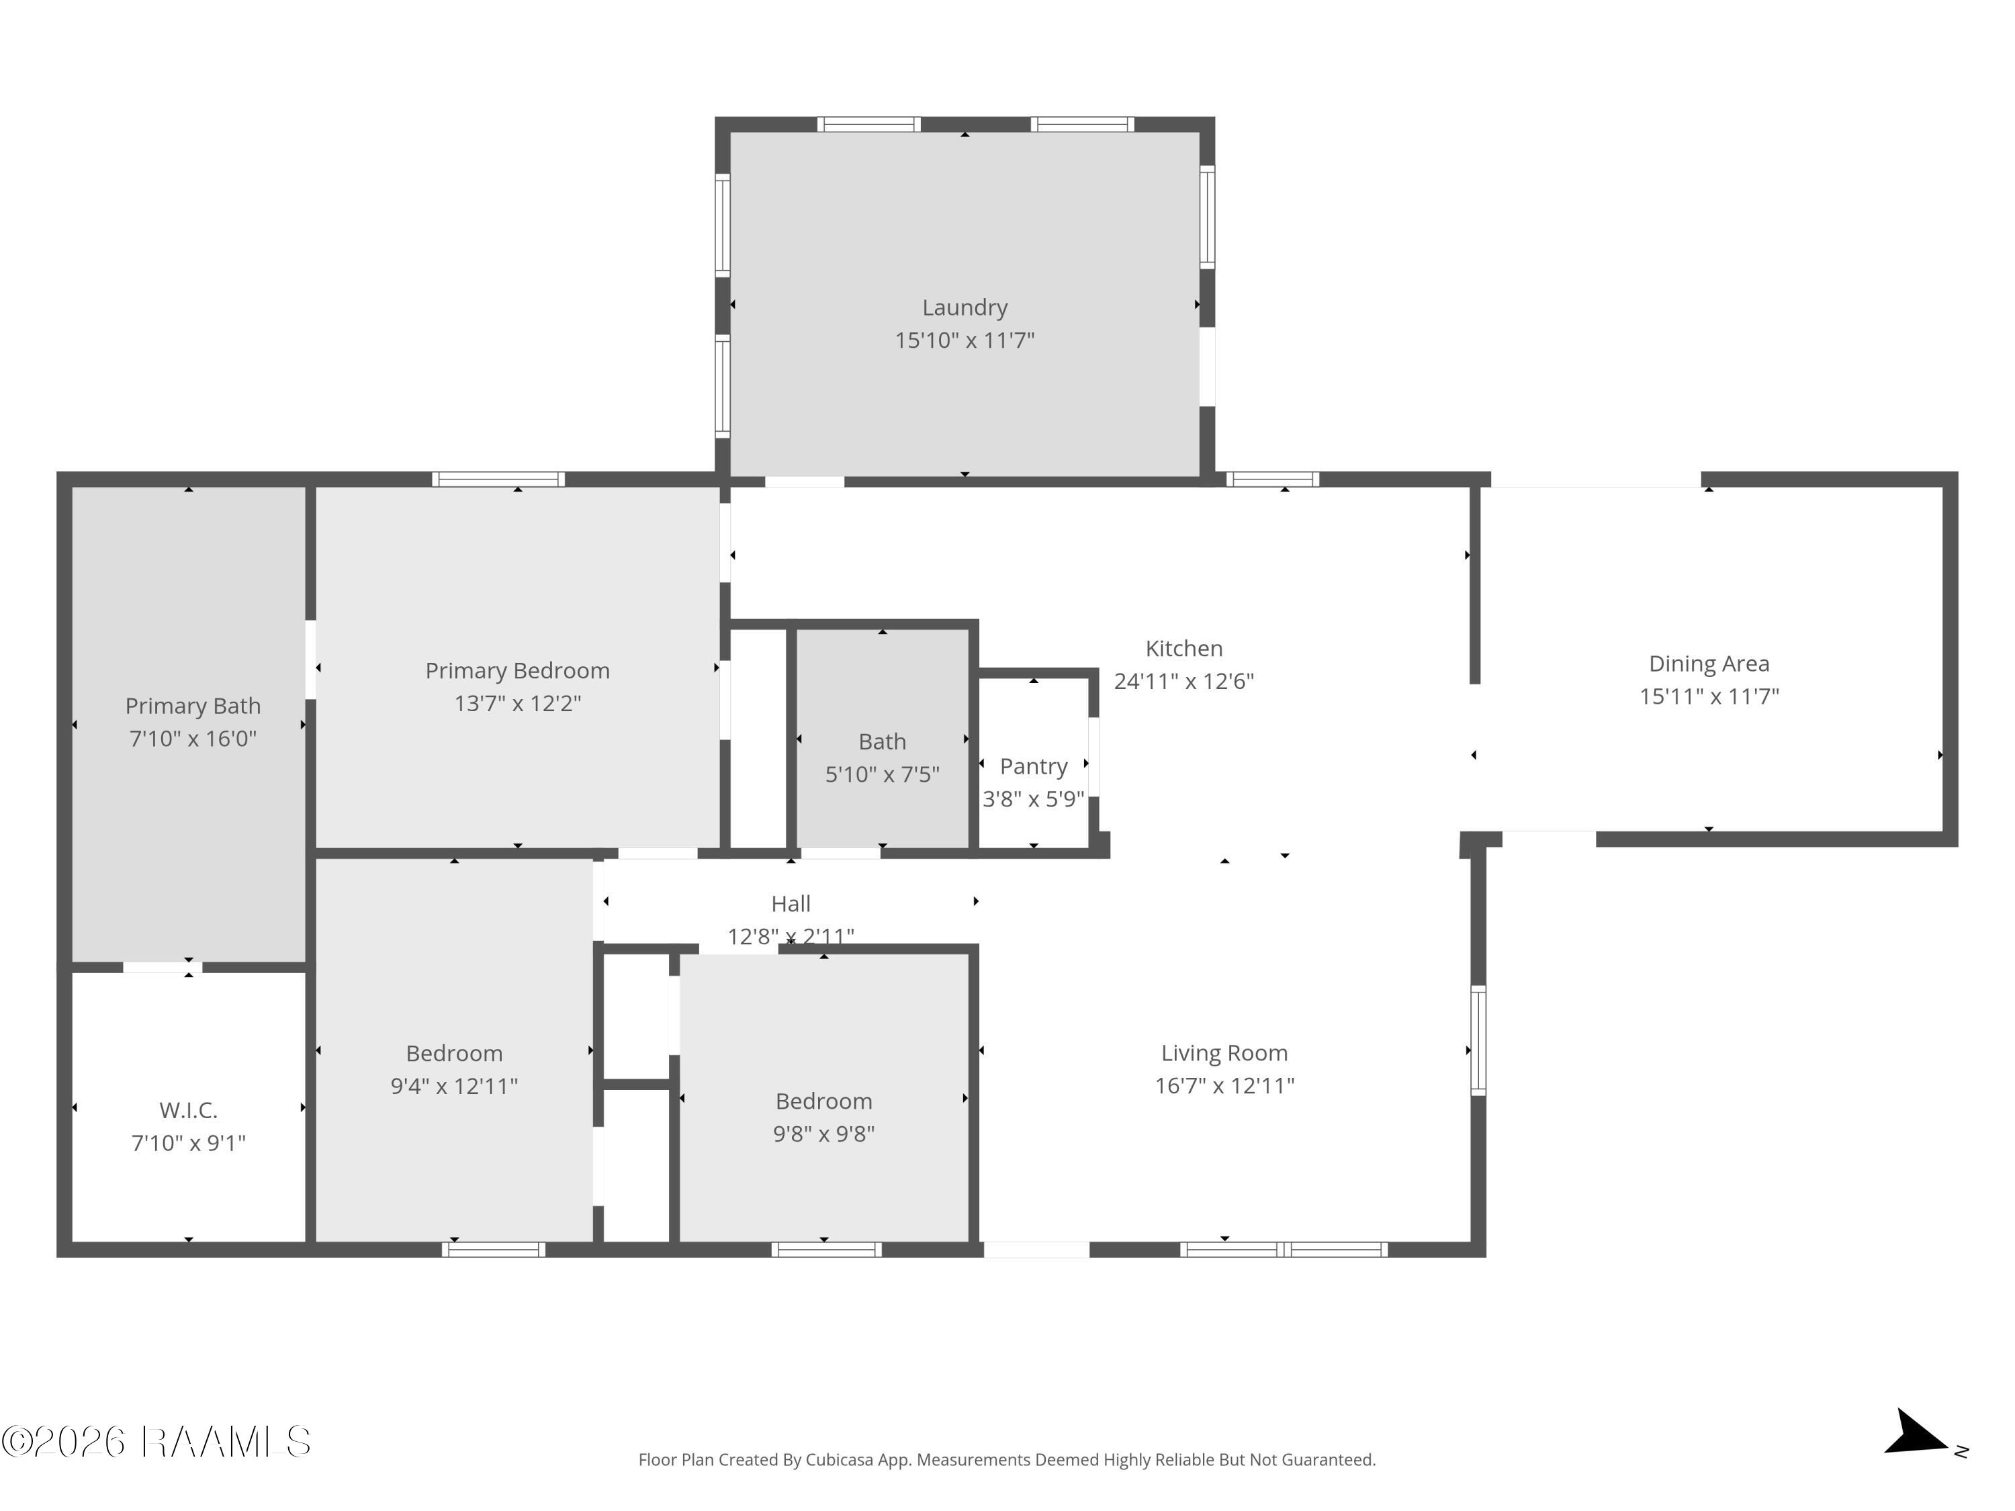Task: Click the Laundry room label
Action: pos(965,308)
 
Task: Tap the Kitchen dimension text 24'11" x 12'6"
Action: pos(1183,681)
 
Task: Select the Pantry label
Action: pos(1033,767)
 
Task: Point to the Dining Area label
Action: pos(1709,664)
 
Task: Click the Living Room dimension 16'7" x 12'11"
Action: pos(1224,1086)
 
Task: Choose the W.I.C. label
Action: pos(189,1110)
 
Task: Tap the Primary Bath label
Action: pos(193,706)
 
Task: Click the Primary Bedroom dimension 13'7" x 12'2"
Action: pos(517,703)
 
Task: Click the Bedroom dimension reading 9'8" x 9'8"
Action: pos(823,1134)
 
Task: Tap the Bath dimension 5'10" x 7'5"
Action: pos(882,774)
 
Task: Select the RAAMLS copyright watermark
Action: pos(156,1442)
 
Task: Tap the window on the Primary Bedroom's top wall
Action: pos(498,479)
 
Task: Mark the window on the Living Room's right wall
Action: pos(1478,1041)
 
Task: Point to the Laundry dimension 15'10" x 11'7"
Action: pos(965,340)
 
